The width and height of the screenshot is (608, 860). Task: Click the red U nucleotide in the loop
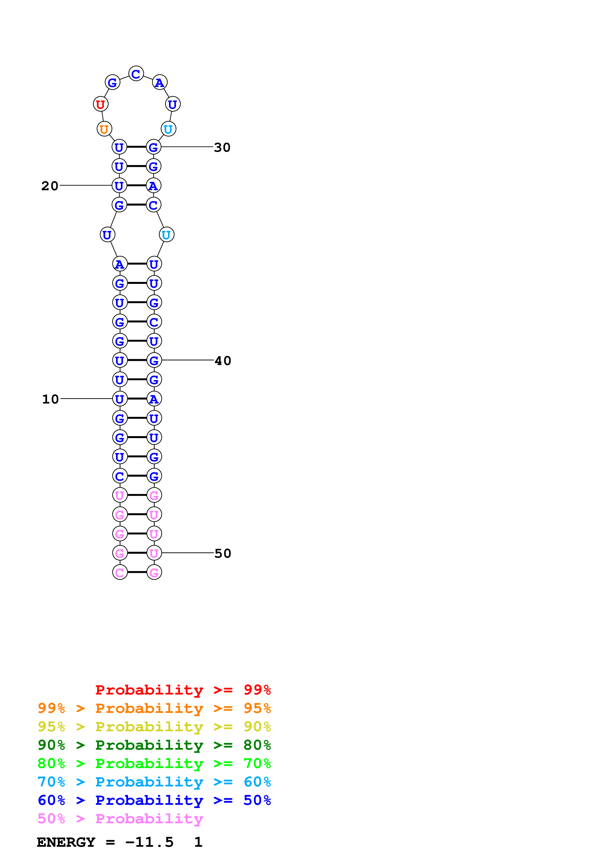[x=100, y=104]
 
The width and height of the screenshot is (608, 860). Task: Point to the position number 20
[x=50, y=186]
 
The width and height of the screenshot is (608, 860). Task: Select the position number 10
[x=51, y=399]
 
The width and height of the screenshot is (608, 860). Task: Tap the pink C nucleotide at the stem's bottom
[x=120, y=572]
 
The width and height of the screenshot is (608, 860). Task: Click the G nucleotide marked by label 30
[x=154, y=147]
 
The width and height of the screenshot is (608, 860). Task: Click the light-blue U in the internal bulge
[x=166, y=235]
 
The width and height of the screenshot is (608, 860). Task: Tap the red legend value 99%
[x=257, y=690]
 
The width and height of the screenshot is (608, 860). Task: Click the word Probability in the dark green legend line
[x=149, y=745]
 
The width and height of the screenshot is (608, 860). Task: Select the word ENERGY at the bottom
[x=66, y=842]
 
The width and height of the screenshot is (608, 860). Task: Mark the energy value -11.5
[x=149, y=842]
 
